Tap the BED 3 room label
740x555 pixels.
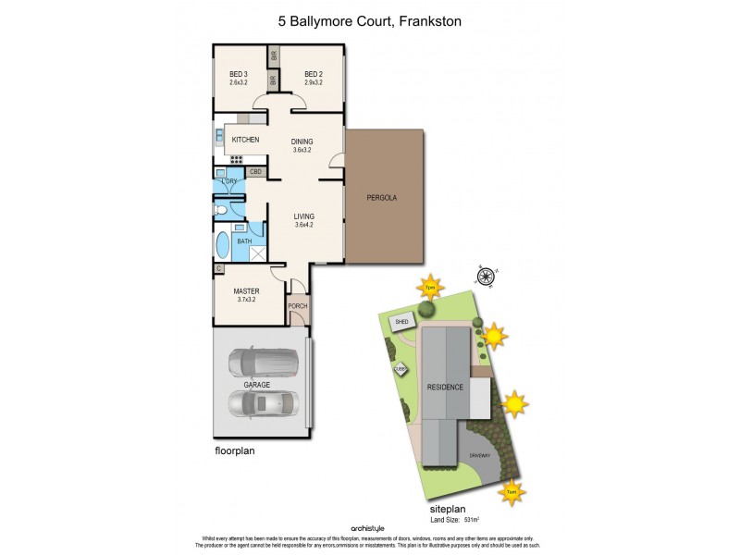click(239, 74)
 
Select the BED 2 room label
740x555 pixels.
click(313, 74)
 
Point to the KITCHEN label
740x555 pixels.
click(245, 140)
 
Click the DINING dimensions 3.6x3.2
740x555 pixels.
click(302, 150)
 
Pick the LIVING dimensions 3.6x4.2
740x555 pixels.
click(304, 225)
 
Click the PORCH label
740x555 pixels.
click(298, 306)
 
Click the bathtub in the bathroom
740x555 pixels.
click(223, 248)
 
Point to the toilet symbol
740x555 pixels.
click(221, 210)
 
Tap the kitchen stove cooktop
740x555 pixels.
click(237, 158)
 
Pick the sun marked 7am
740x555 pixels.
click(510, 493)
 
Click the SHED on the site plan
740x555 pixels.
click(401, 322)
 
